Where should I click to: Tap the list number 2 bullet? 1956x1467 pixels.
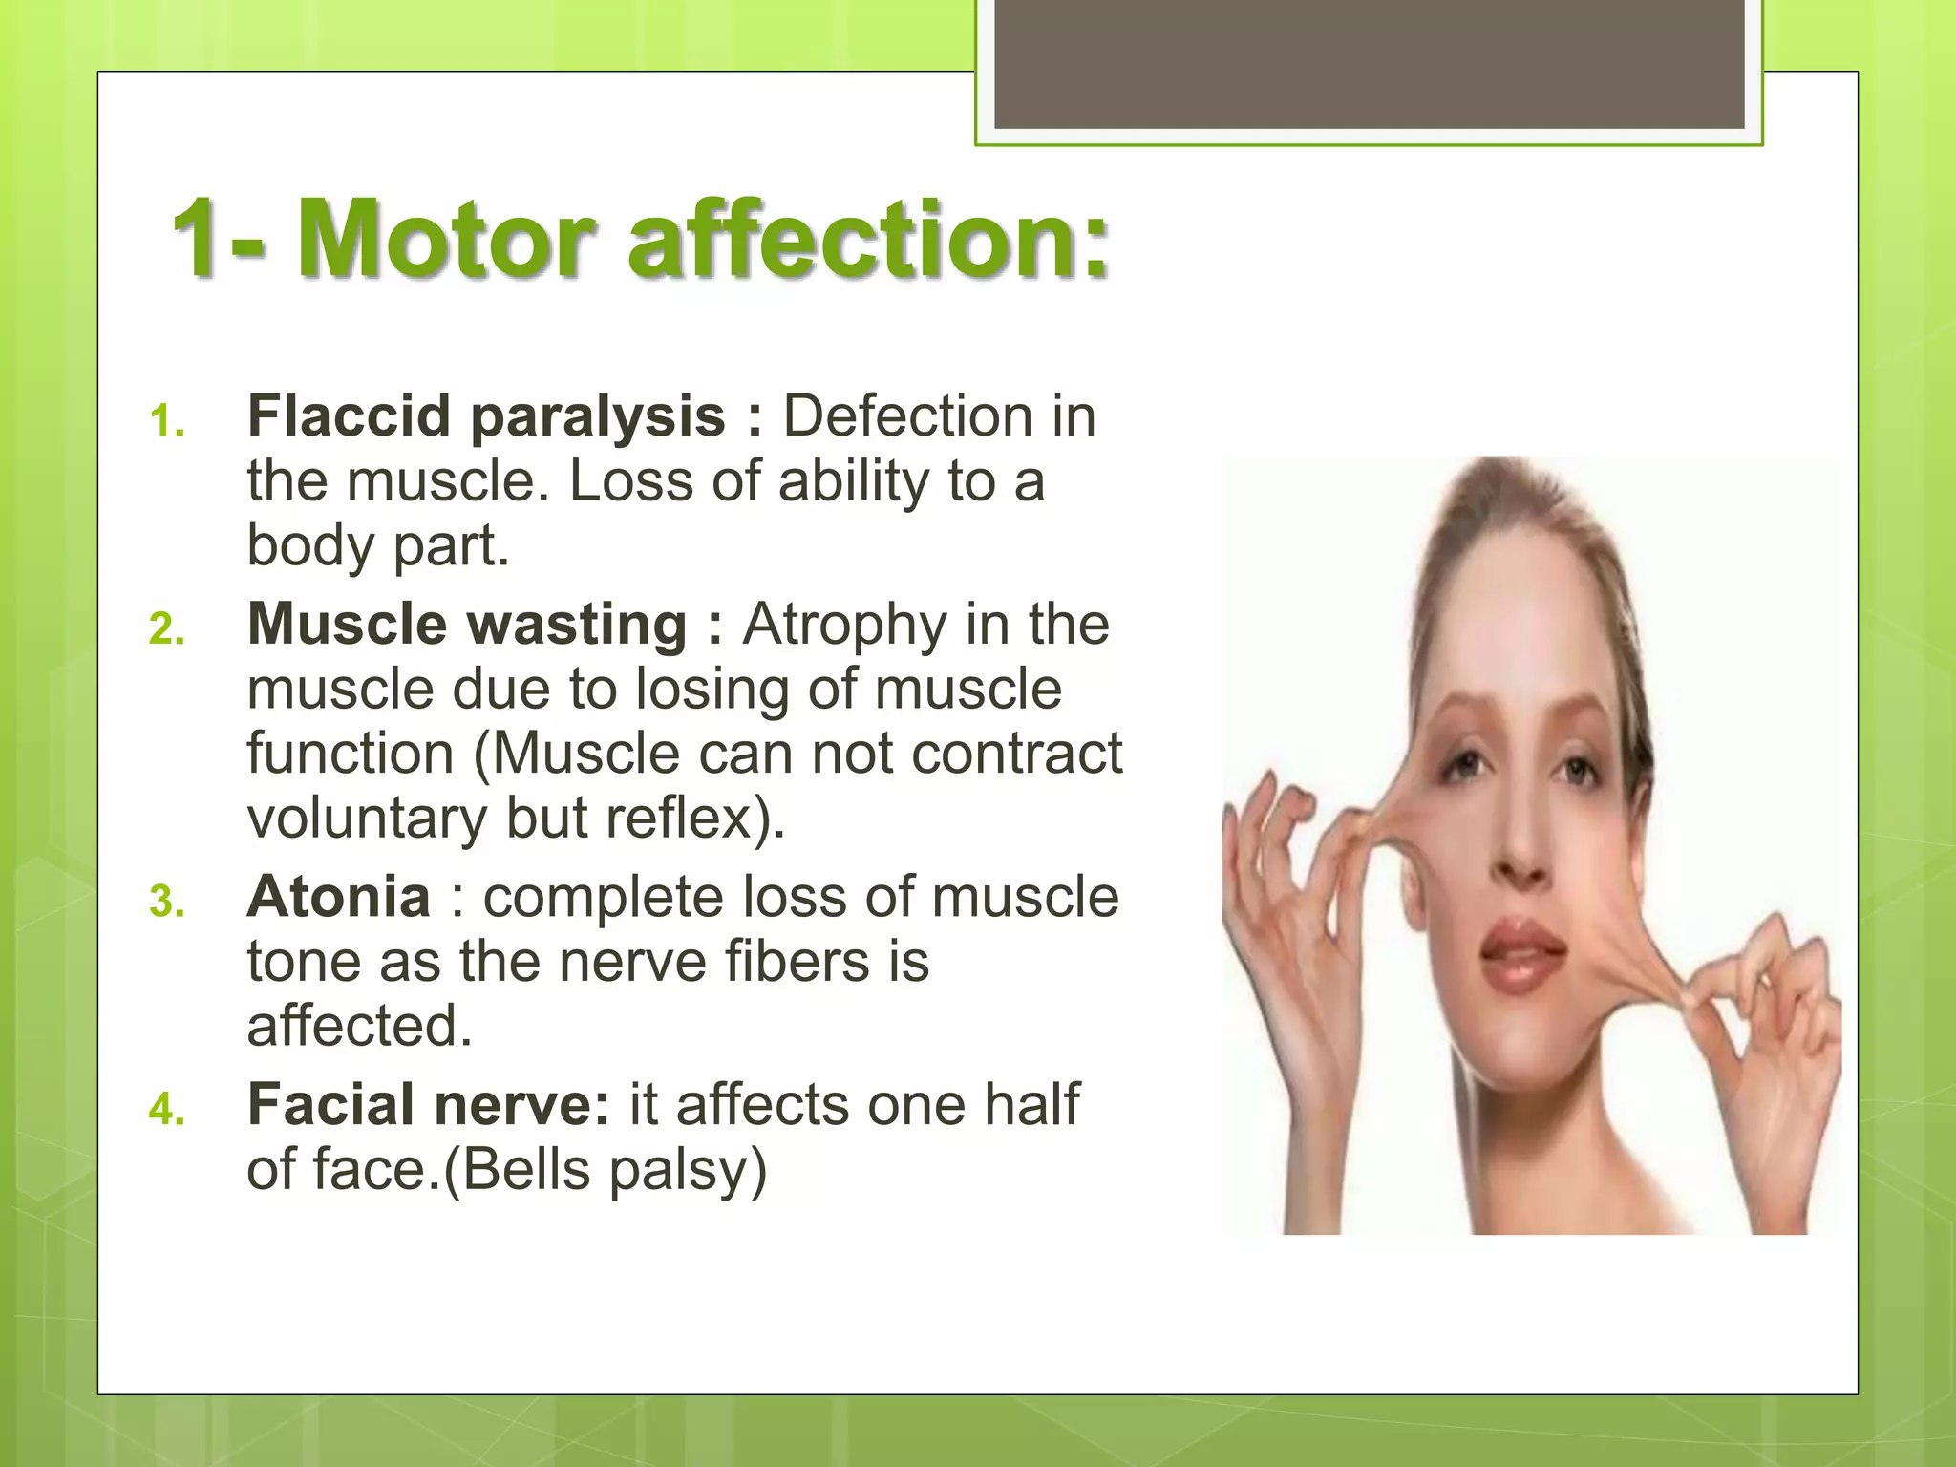click(x=166, y=629)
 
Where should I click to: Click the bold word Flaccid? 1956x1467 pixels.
click(x=349, y=416)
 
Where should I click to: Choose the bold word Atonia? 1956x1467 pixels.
click(x=339, y=897)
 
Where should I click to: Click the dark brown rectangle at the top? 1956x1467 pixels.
click(x=1369, y=63)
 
